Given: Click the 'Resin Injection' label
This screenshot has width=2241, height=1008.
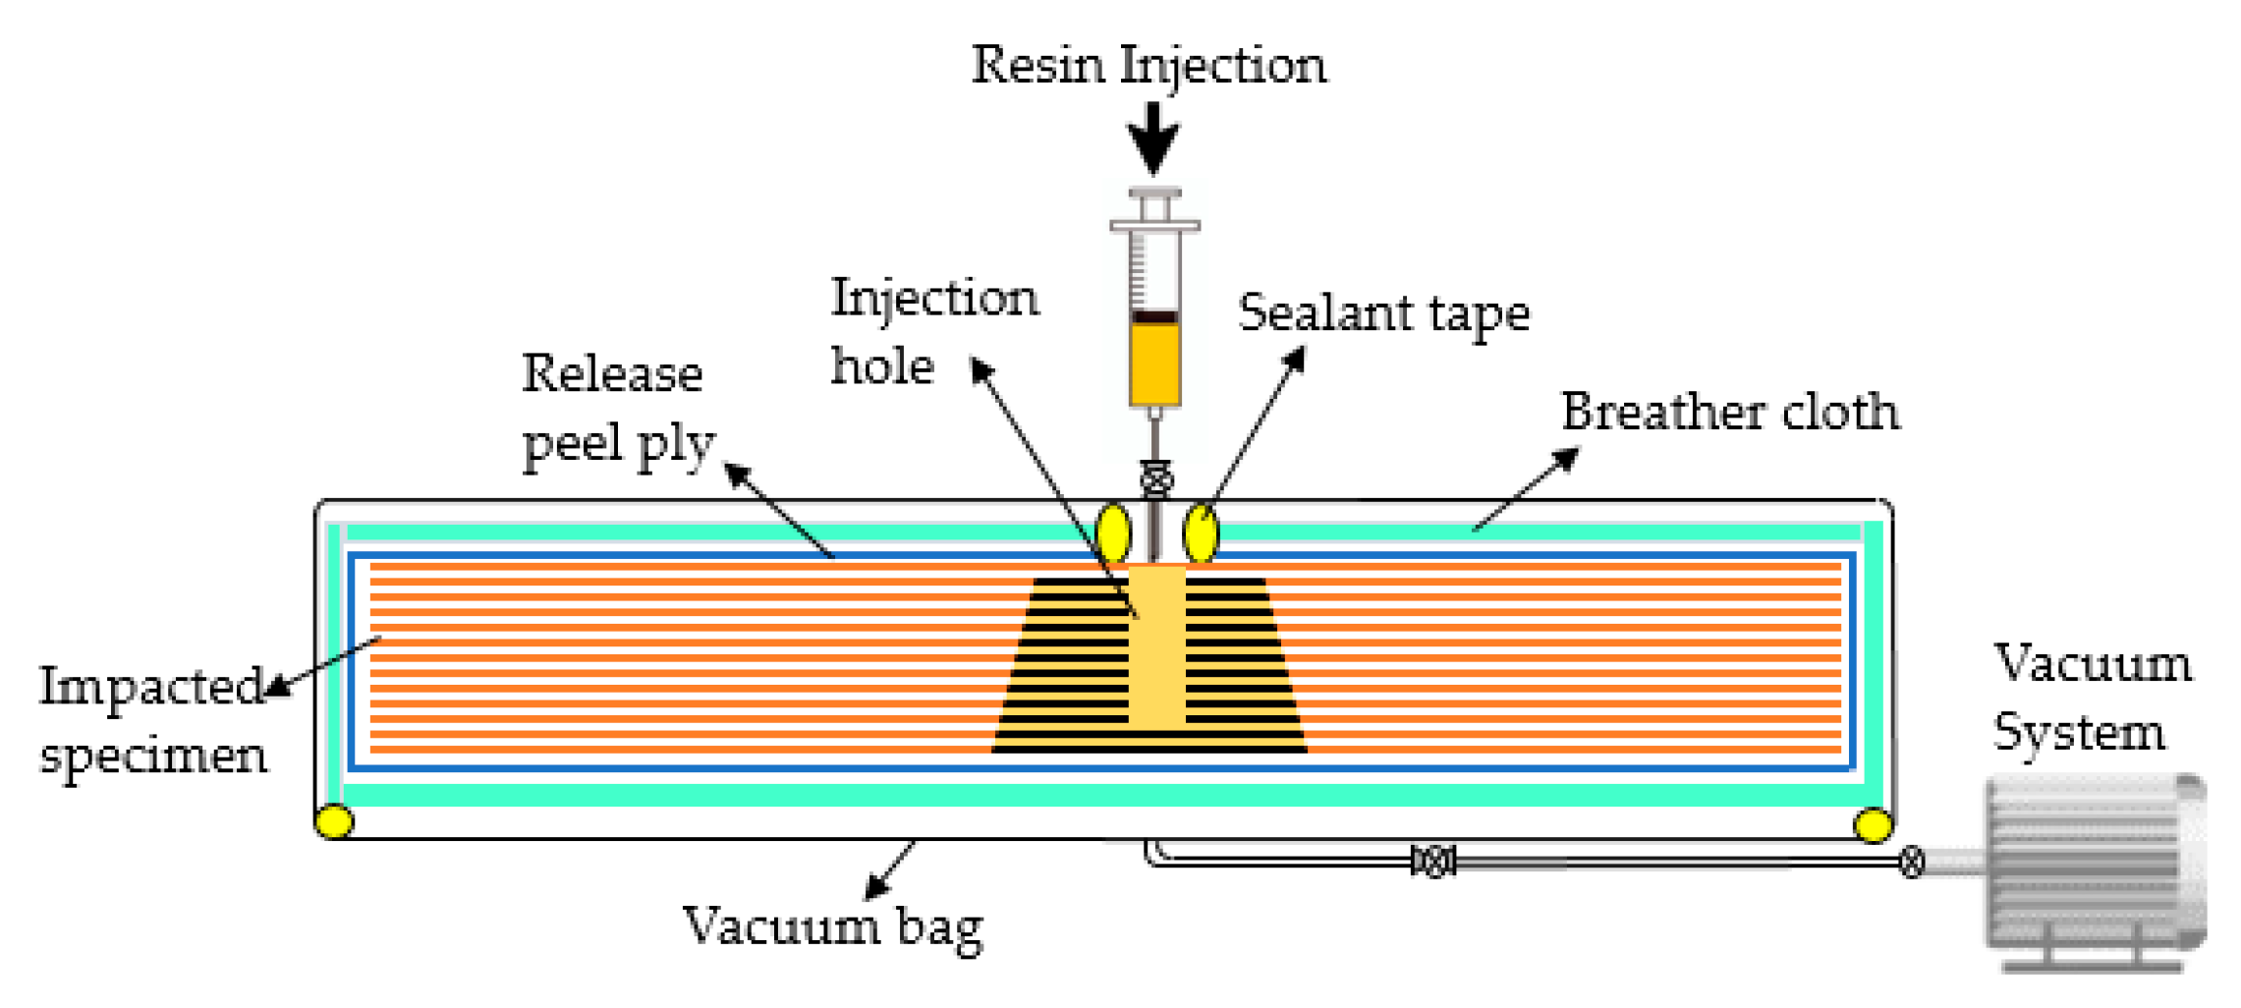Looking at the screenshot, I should (x=1149, y=67).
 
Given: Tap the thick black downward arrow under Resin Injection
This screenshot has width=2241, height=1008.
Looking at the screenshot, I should (x=1153, y=138).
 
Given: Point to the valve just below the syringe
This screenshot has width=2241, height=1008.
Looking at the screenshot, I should (x=1156, y=478).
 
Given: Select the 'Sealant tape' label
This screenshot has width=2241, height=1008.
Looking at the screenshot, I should (x=1383, y=314).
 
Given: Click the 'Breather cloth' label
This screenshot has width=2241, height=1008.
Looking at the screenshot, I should (x=1729, y=412).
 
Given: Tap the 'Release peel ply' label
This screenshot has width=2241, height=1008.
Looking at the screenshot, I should (x=617, y=409).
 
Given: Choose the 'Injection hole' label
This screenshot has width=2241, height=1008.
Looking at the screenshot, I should (x=933, y=332).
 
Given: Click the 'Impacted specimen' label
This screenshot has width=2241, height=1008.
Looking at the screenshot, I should (x=153, y=720).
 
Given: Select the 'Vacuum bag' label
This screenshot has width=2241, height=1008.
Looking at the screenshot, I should (x=832, y=925).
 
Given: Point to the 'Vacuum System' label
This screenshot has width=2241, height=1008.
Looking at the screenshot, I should (x=2092, y=698).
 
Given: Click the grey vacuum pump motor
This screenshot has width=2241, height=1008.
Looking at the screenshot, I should (x=2093, y=865).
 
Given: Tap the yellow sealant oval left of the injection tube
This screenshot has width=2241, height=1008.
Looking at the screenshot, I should (x=1113, y=533).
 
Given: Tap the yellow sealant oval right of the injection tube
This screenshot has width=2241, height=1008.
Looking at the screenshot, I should (x=1201, y=533).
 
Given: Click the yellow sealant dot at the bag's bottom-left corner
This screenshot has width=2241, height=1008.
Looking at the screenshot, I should (x=335, y=820).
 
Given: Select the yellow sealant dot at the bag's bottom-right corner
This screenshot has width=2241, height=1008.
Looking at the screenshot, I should (x=1873, y=824).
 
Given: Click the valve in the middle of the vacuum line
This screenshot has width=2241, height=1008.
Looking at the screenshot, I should (x=1433, y=862).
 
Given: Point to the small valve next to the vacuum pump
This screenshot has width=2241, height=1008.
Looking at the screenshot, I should (x=1911, y=863).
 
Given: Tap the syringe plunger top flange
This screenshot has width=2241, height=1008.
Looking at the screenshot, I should (x=1154, y=194).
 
